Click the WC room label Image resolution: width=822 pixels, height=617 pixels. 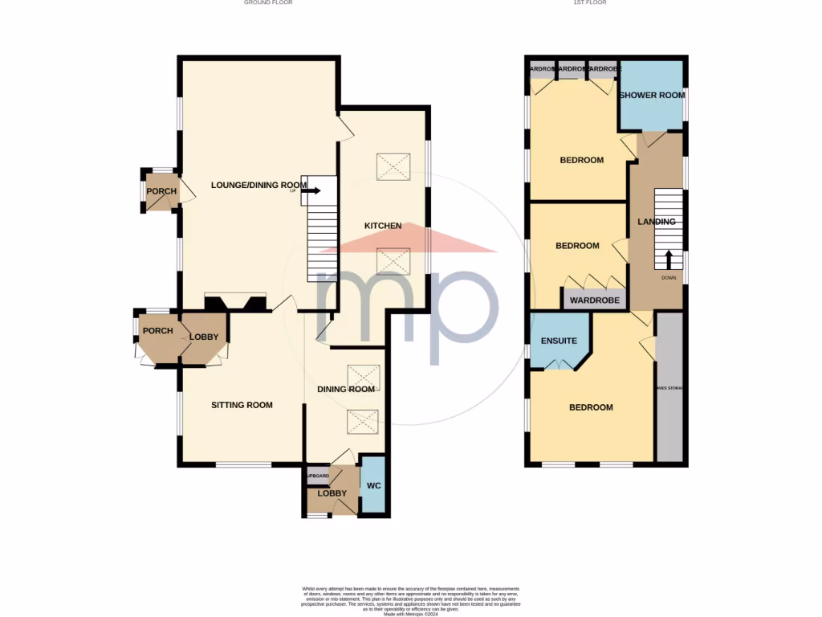pyautogui.click(x=373, y=486)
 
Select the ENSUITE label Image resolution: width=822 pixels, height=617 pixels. pyautogui.click(x=559, y=341)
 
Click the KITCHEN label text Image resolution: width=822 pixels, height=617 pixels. pyautogui.click(x=383, y=226)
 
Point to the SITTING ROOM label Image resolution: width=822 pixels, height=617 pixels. pyautogui.click(x=242, y=405)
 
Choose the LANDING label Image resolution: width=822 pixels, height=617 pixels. pyautogui.click(x=656, y=222)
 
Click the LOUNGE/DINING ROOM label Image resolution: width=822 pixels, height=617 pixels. pyautogui.click(x=258, y=185)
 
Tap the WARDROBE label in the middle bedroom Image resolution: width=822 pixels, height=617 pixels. pyautogui.click(x=595, y=300)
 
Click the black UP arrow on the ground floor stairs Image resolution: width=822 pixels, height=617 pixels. pyautogui.click(x=312, y=190)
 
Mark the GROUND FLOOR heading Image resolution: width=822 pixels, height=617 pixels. pyautogui.click(x=268, y=3)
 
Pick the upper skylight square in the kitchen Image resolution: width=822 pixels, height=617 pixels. pyautogui.click(x=392, y=166)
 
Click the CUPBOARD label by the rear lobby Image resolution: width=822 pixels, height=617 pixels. pyautogui.click(x=318, y=476)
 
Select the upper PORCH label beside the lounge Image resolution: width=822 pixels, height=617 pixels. pyautogui.click(x=161, y=191)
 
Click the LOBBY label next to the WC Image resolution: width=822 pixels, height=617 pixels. pyautogui.click(x=332, y=493)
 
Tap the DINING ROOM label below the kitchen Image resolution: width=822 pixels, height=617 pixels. pyautogui.click(x=347, y=390)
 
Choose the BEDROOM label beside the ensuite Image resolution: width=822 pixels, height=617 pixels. pyautogui.click(x=591, y=407)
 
